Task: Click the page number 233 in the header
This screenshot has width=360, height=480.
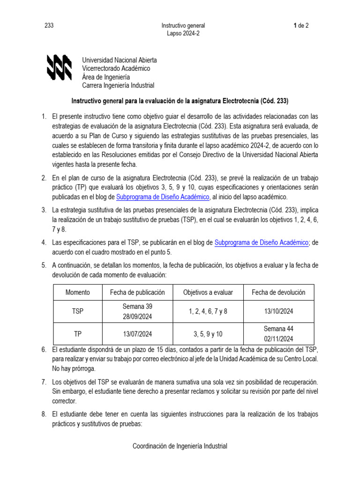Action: (49, 26)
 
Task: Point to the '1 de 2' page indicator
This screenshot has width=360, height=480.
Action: (300, 26)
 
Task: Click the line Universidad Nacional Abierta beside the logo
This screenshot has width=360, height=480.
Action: (120, 60)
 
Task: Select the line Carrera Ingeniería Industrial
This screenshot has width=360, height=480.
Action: (118, 85)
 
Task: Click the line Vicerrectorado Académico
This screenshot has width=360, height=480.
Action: (116, 68)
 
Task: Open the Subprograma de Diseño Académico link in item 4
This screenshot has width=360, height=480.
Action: (261, 242)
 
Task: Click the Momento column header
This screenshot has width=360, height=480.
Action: (78, 292)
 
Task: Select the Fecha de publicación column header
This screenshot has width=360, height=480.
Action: (137, 292)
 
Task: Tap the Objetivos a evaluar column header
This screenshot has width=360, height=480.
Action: (208, 292)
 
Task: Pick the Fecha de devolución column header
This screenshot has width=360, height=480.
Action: (278, 292)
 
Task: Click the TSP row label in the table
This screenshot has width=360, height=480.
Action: (78, 311)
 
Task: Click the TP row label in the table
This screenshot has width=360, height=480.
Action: (78, 334)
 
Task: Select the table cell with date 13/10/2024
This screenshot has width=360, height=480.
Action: (278, 311)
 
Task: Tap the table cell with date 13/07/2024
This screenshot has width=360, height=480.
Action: (137, 334)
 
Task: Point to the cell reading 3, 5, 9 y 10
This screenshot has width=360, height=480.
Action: (208, 334)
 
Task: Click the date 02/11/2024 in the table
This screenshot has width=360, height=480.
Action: (278, 339)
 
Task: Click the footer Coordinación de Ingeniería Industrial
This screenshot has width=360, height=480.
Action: (180, 446)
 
